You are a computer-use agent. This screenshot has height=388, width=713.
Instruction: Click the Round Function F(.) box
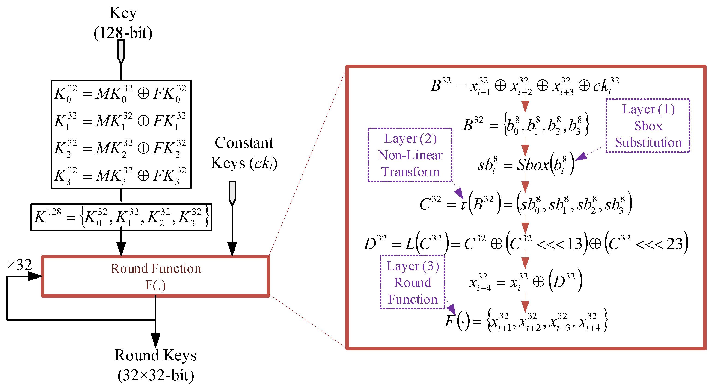[x=156, y=276]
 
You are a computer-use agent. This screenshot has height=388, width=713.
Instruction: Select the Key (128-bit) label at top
[x=123, y=23]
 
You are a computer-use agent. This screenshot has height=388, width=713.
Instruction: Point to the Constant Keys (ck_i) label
[x=244, y=153]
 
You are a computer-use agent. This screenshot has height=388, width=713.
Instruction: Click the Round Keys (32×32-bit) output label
[x=156, y=365]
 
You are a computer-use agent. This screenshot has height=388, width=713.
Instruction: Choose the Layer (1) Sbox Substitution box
[x=648, y=126]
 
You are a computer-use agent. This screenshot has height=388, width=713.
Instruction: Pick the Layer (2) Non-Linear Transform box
[x=410, y=155]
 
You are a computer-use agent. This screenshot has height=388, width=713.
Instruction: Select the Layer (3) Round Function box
[x=412, y=282]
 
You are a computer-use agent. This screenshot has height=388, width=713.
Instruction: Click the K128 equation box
[x=121, y=217]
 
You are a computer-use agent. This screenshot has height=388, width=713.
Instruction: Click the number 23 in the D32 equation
[x=674, y=244]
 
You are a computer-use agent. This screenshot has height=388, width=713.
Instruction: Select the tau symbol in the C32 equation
[x=463, y=205]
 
